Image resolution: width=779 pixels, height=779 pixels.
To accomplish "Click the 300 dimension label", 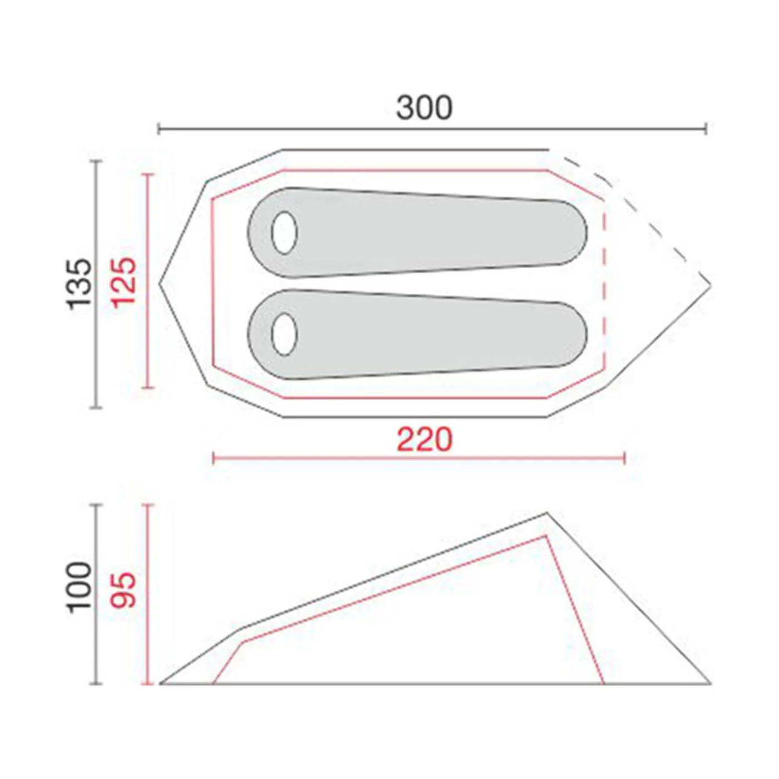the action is point(424,108).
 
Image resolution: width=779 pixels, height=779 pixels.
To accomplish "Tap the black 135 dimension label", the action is point(80,284).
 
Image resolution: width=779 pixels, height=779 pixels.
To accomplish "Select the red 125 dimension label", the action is point(124,283).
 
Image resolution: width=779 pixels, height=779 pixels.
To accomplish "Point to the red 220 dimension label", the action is point(424,440).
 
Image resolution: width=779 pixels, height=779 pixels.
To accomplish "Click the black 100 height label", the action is point(80,588).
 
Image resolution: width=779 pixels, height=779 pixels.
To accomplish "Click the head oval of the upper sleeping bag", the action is point(284,233).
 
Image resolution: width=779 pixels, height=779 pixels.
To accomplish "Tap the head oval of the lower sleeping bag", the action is point(284,334).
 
